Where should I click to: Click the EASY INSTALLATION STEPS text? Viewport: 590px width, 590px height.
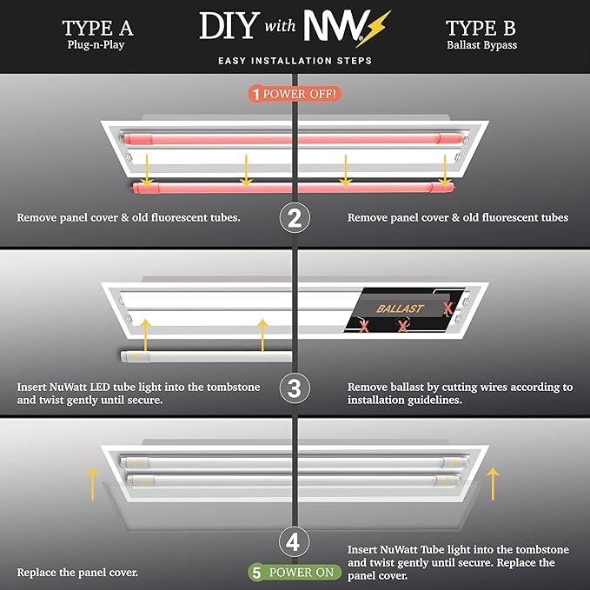295,61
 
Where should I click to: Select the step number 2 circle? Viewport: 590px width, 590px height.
295,217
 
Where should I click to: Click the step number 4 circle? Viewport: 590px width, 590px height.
295,543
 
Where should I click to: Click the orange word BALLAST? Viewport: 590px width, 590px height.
401,308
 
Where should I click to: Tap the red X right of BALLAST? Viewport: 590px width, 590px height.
447,308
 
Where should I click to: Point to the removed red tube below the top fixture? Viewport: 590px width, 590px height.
295,186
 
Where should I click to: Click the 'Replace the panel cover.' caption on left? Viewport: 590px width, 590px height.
76,573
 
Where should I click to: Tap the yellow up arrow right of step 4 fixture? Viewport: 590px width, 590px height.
494,481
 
